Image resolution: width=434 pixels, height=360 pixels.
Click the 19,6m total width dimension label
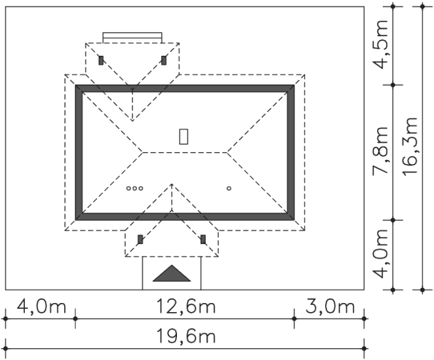[186, 336]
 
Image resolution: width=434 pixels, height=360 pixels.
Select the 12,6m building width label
[186, 306]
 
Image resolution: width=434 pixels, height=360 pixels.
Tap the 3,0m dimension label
[330, 306]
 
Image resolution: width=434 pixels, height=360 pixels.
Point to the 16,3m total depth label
[410, 147]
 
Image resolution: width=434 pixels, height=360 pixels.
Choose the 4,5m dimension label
[380, 45]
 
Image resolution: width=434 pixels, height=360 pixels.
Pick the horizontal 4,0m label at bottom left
[41, 306]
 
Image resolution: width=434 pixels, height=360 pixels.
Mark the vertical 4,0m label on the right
[380, 254]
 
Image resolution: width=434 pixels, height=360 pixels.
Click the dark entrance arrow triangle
[172, 273]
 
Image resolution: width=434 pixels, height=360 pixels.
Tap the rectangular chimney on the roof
[184, 136]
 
